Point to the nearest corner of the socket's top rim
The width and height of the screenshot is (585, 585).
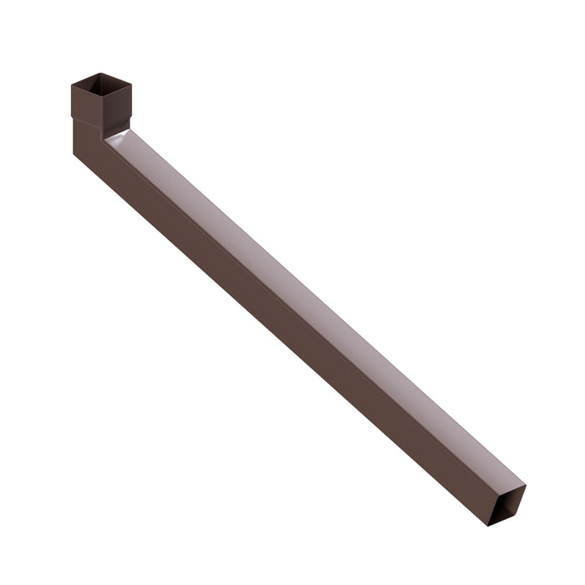[104, 97]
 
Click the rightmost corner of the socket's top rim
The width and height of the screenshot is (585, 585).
[131, 82]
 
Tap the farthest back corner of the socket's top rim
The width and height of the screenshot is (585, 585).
[99, 73]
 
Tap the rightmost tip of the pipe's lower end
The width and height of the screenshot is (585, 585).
[526, 486]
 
